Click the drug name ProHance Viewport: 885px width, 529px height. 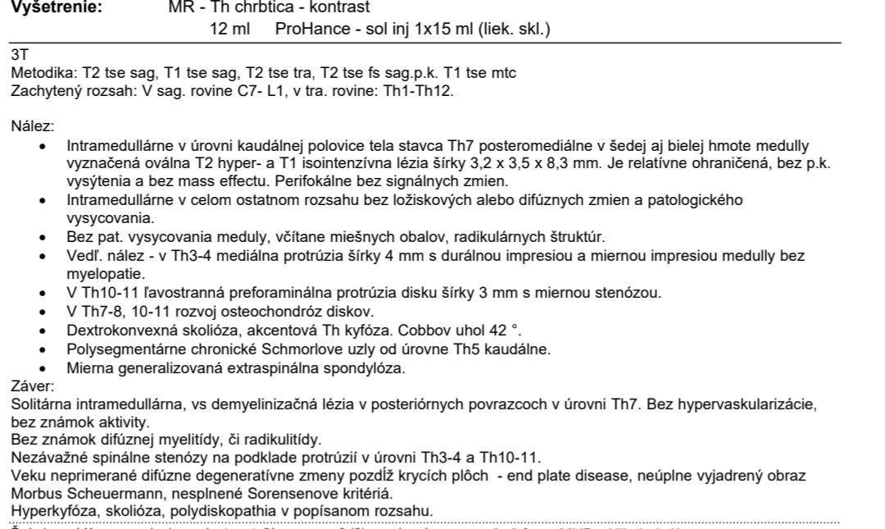(310, 30)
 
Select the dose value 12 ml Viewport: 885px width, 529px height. (229, 30)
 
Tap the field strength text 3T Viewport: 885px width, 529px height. (18, 56)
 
